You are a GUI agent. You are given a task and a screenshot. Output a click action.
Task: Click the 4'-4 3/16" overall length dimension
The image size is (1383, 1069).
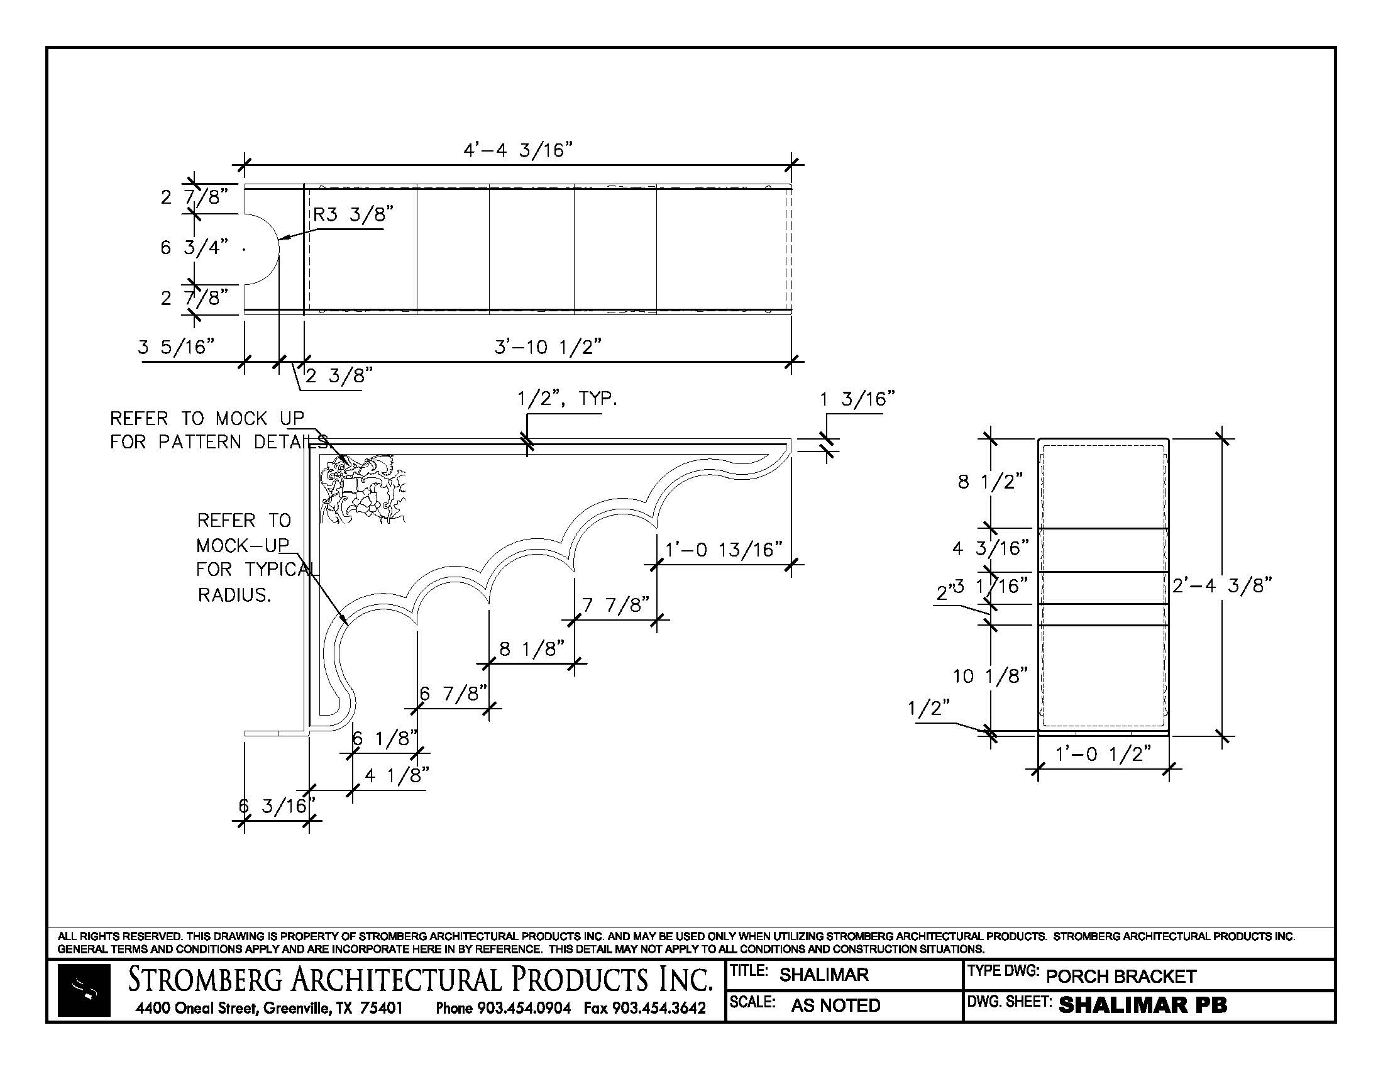pyautogui.click(x=518, y=151)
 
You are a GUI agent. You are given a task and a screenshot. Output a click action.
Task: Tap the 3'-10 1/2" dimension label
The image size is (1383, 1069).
pyautogui.click(x=547, y=346)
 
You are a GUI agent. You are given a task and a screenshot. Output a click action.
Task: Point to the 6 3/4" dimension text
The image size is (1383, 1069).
pyautogui.click(x=194, y=247)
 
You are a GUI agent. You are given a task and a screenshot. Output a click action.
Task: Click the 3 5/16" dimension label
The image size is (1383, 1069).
pyautogui.click(x=176, y=346)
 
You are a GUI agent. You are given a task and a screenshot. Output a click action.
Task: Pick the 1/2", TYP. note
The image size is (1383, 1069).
pyautogui.click(x=567, y=399)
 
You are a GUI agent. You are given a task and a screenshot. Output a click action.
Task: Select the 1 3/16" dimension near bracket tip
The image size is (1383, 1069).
pyautogui.click(x=857, y=399)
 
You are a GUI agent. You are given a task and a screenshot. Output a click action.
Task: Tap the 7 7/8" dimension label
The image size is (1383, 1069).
pyautogui.click(x=615, y=606)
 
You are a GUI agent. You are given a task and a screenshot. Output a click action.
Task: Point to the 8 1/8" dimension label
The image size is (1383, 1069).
pyautogui.click(x=532, y=649)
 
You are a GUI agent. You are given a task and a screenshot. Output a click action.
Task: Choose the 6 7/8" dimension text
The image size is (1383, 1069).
pyautogui.click(x=453, y=694)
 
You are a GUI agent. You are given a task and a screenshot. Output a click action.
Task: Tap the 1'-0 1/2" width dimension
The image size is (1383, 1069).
pyautogui.click(x=1103, y=754)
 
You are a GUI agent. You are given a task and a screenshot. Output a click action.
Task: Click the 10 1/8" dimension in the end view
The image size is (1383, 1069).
pyautogui.click(x=989, y=677)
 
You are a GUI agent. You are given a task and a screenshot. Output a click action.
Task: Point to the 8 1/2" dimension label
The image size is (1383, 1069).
pyautogui.click(x=989, y=482)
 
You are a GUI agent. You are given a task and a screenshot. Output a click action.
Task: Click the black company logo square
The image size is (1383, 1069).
pyautogui.click(x=84, y=990)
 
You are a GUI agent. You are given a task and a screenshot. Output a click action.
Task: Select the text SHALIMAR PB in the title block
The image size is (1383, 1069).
pyautogui.click(x=1142, y=1005)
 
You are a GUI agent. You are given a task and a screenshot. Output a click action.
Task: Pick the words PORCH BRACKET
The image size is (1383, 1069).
pyautogui.click(x=1121, y=977)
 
